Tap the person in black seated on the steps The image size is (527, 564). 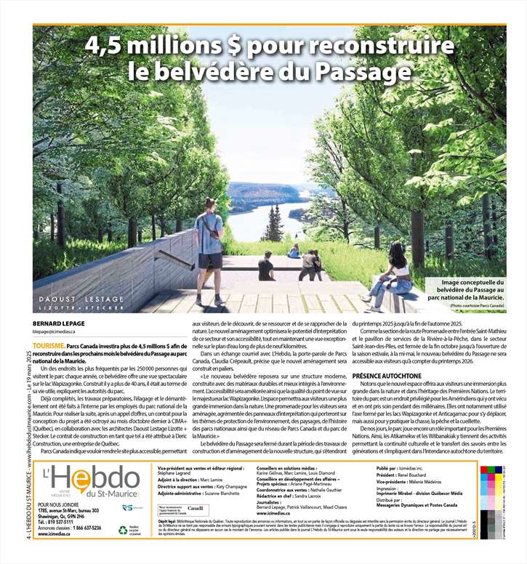tap(266, 267)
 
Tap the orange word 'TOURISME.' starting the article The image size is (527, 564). tap(49, 347)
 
